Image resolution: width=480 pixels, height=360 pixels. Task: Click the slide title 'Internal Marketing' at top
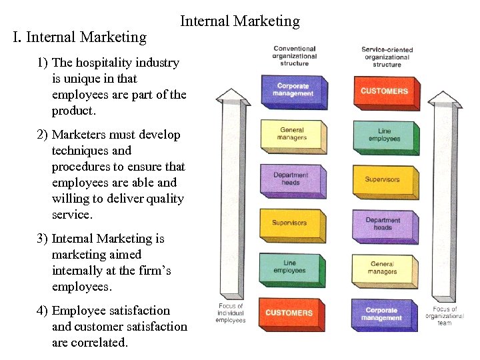coord(240,21)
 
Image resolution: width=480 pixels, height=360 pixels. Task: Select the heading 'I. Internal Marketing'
coord(80,37)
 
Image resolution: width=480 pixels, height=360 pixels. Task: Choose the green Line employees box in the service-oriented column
coord(384,135)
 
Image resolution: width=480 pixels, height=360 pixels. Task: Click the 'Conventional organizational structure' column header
coord(294,56)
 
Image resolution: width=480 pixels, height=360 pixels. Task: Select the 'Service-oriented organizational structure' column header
coord(387,57)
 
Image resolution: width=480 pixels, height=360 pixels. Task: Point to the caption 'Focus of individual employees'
coord(231,313)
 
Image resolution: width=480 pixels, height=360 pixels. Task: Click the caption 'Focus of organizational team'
coord(445,316)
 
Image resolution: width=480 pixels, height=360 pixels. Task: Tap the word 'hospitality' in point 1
coord(105,63)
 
